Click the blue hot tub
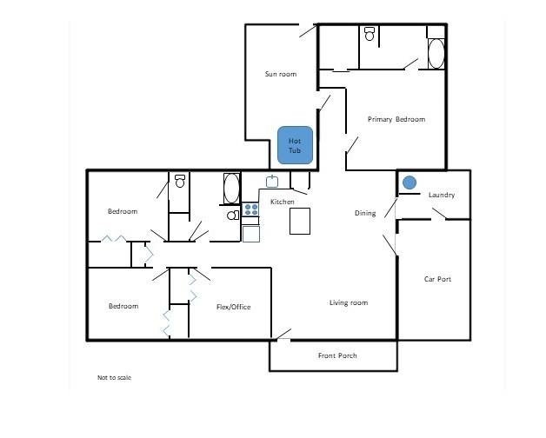pos(295,145)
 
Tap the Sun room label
pos(281,74)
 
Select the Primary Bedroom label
pos(396,119)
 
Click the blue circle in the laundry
pos(409,182)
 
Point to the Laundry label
pos(442,195)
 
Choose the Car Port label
pos(437,279)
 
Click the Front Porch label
pos(337,355)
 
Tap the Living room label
pos(349,302)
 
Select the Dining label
pos(365,213)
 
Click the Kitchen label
pos(283,202)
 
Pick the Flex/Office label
pos(233,307)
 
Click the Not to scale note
pos(114,377)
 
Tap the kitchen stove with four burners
pos(250,209)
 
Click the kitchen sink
pos(272,181)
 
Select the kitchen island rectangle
pos(300,221)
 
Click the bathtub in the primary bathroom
pos(436,54)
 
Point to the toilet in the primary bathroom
pos(370,34)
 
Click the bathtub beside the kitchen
pos(231,189)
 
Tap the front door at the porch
pos(283,335)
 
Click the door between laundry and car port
pos(439,214)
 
